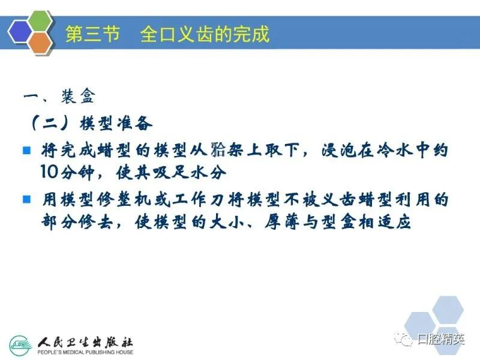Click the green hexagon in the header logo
pyautogui.click(x=40, y=22)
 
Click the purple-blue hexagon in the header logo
pyautogui.click(x=20, y=32)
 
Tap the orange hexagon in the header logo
pyautogui.click(x=40, y=43)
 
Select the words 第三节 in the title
pyautogui.click(x=93, y=34)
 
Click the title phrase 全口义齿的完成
pyautogui.click(x=205, y=34)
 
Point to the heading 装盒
pyautogui.click(x=79, y=97)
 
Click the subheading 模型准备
pyautogui.click(x=116, y=123)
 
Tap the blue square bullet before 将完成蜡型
pyautogui.click(x=27, y=151)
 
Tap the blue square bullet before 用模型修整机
pyautogui.click(x=27, y=199)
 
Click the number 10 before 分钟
pyautogui.click(x=49, y=172)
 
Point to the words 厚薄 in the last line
pyautogui.click(x=283, y=222)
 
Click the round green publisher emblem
pyautogui.click(x=20, y=346)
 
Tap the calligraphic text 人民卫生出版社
pyautogui.click(x=85, y=342)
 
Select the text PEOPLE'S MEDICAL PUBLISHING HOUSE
pyautogui.click(x=85, y=352)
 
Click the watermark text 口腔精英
pyautogui.click(x=441, y=339)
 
